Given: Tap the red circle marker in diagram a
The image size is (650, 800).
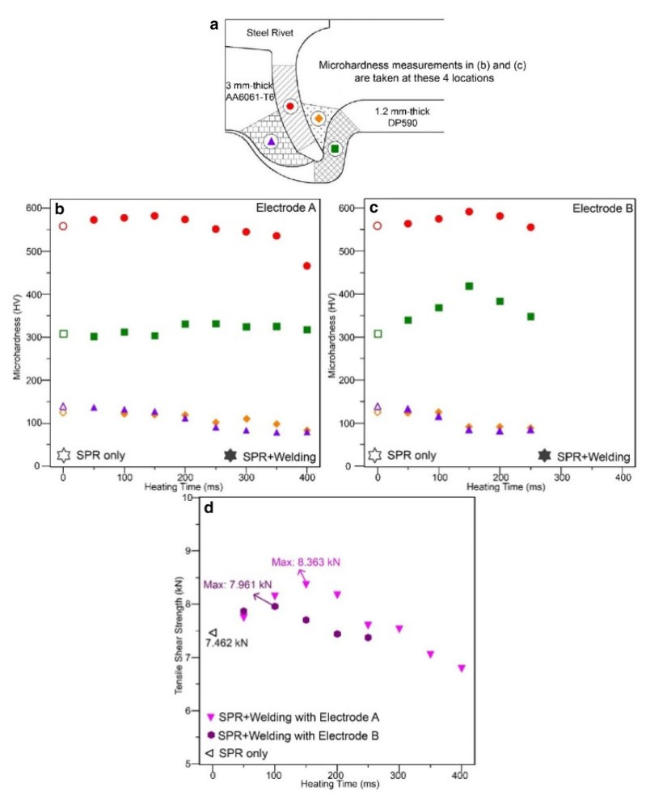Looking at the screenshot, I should point(289,106).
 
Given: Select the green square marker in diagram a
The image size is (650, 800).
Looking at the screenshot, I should point(335,148).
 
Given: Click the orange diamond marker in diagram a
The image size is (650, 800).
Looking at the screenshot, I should point(318,119).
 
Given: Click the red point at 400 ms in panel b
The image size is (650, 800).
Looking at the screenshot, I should point(306,266).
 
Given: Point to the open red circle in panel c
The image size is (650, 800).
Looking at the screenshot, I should point(377,226).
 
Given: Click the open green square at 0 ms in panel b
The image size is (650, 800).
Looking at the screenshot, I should point(63,334).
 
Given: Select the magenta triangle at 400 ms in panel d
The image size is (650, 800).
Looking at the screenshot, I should point(461,668).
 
